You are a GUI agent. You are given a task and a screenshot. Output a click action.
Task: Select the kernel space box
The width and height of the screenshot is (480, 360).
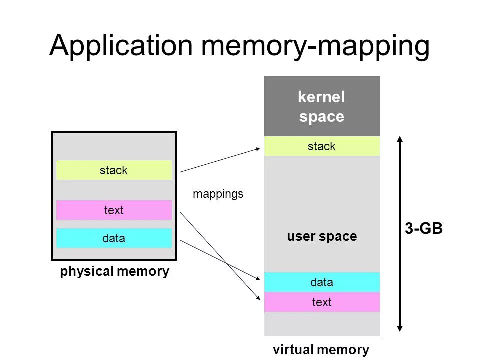322,106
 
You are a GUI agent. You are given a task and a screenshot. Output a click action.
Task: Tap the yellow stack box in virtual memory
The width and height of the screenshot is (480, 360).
322,146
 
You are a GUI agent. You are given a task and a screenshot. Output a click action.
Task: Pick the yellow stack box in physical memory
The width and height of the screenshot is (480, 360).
114,170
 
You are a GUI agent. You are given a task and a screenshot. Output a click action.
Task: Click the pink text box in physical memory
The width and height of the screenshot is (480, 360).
114,210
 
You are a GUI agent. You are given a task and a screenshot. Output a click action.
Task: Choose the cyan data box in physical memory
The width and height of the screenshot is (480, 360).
114,238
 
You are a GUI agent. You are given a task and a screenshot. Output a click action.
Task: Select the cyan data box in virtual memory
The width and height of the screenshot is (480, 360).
322,282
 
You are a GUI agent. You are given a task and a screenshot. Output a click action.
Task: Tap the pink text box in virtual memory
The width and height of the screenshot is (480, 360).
322,302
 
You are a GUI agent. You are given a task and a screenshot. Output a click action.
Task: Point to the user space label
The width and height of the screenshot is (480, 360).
322,236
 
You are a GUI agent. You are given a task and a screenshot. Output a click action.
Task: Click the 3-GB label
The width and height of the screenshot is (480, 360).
423,229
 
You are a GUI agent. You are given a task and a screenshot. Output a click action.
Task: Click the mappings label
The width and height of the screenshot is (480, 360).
218,194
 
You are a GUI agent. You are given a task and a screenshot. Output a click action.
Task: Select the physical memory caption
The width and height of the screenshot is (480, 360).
115,272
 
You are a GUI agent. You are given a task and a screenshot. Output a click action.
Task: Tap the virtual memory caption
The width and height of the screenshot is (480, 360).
321,350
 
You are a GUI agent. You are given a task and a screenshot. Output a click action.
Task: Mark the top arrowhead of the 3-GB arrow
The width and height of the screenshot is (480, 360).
400,138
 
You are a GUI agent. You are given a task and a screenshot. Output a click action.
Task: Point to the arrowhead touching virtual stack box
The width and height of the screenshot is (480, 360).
260,148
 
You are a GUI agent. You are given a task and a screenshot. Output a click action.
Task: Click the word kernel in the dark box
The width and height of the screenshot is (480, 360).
321,97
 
